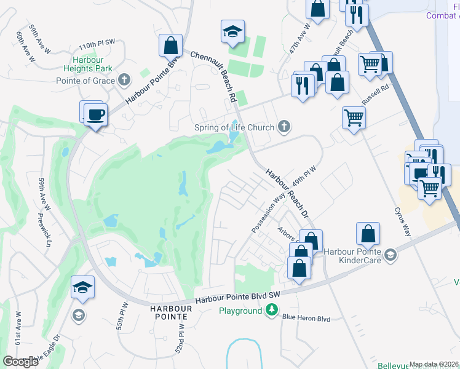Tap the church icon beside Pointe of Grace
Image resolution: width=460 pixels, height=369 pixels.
pyautogui.click(x=125, y=79)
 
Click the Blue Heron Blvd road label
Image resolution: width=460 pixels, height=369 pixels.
pyautogui.click(x=306, y=319)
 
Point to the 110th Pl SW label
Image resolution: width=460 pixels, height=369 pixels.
pyautogui.click(x=97, y=46)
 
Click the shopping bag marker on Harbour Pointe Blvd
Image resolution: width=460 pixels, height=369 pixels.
pyautogui.click(x=170, y=46)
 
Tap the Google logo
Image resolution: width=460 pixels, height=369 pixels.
pyautogui.click(x=20, y=361)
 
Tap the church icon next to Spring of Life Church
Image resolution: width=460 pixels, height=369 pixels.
pyautogui.click(x=284, y=127)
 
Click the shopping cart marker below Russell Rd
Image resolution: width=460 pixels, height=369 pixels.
pyautogui.click(x=354, y=117)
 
